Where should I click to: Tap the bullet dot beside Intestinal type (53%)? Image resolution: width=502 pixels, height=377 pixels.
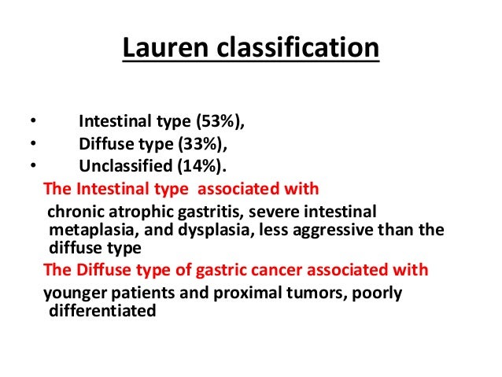32,122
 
